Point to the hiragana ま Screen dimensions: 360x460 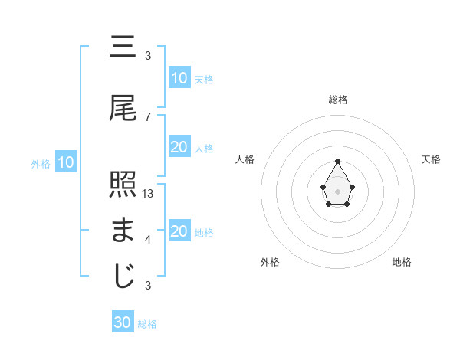(123, 231)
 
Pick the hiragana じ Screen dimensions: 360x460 (123, 276)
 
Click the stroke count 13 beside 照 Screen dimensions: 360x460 (149, 194)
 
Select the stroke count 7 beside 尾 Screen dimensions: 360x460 (148, 116)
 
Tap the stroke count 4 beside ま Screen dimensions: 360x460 (148, 240)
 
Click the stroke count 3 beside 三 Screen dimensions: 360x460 (148, 56)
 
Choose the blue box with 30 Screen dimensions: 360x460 (123, 322)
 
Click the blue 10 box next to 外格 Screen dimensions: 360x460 (65, 162)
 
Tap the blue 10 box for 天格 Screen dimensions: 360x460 (179, 78)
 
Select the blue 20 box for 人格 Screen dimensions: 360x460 (179, 147)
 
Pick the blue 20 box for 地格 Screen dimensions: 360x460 (179, 231)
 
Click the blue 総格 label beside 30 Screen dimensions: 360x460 (147, 324)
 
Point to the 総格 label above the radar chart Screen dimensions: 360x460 (337, 100)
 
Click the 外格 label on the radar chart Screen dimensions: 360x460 (270, 262)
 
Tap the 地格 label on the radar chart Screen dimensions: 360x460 (402, 262)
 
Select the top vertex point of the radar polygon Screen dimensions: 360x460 (337, 161)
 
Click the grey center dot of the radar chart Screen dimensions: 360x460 (337, 190)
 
